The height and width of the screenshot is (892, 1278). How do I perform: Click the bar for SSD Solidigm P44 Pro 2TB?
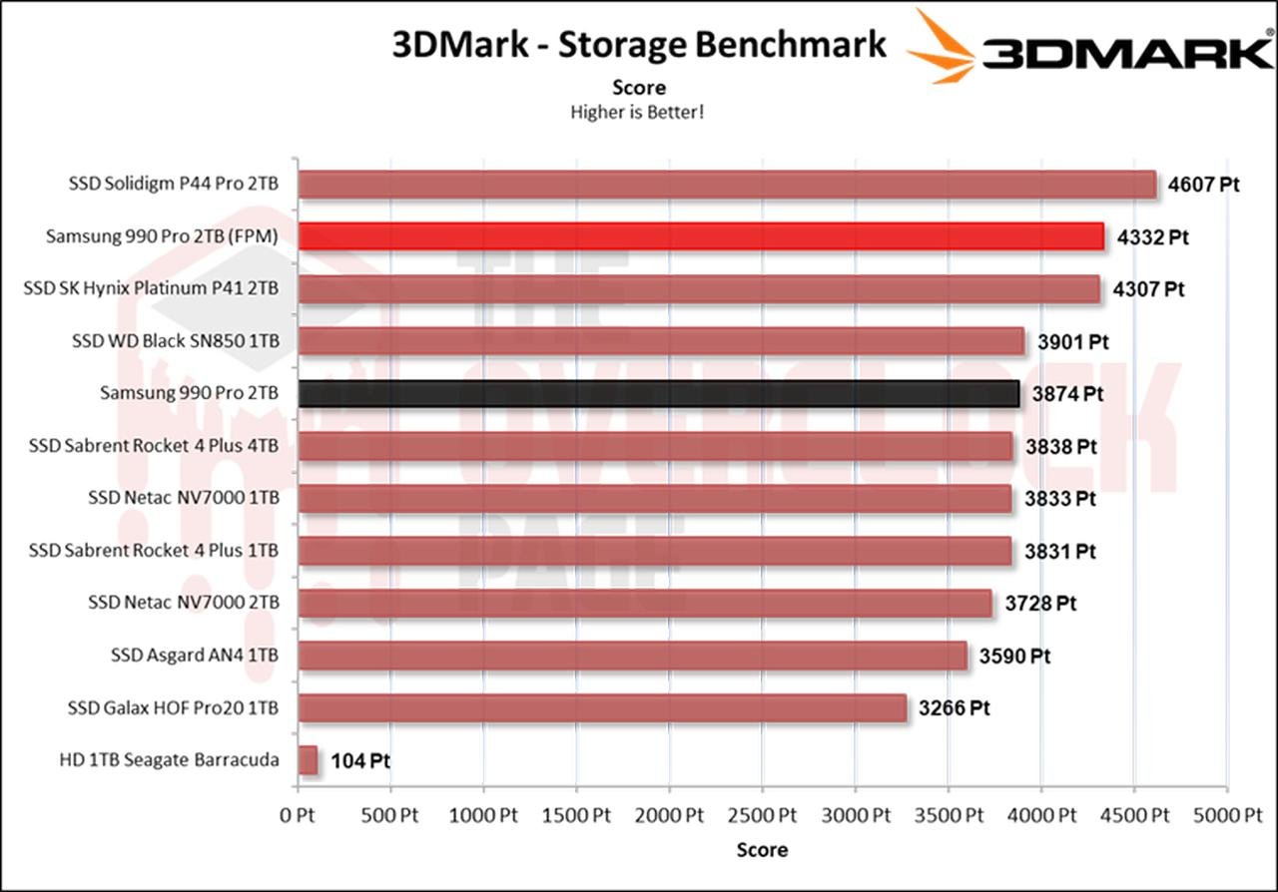coord(727,185)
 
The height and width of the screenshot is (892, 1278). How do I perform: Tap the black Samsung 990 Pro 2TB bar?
coord(659,393)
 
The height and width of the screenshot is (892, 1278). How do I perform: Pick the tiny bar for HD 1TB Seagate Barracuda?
coord(308,760)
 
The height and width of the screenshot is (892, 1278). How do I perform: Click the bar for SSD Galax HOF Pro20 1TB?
coord(602,708)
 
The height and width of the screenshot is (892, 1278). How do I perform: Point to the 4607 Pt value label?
coord(1204,185)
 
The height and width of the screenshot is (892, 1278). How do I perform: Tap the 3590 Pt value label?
coord(1014,656)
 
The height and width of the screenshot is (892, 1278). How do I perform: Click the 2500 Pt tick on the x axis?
coord(762,814)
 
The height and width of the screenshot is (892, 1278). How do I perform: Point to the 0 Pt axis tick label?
coord(298,814)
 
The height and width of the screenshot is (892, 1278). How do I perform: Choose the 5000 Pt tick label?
coord(1226,814)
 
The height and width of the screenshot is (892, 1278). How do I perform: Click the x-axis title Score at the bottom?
coord(762,850)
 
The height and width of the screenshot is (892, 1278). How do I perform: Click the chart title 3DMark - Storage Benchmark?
coord(639,45)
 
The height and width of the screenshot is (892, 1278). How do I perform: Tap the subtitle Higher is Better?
coord(637,112)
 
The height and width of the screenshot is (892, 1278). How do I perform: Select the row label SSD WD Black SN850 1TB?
coord(176,341)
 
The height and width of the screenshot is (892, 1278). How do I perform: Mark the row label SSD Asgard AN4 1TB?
coord(195,656)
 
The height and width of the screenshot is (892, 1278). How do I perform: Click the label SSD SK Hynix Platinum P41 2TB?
coord(151,289)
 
